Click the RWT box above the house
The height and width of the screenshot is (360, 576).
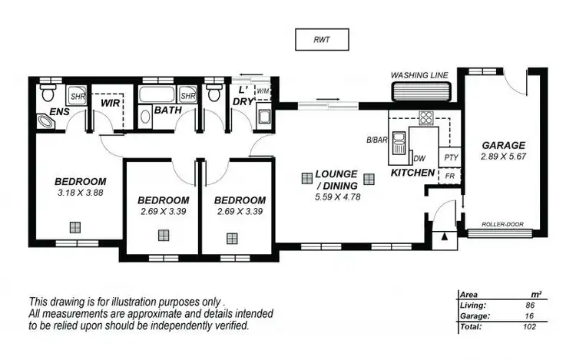(x=322, y=38)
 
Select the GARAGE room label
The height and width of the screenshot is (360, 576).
(x=503, y=144)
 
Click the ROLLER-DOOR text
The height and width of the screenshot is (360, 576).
(x=503, y=224)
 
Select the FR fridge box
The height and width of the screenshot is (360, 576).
(x=450, y=176)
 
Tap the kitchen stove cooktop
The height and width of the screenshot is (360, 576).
(x=425, y=118)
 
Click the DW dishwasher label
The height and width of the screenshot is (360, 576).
(x=419, y=159)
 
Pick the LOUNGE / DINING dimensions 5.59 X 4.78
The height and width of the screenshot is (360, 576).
(x=339, y=197)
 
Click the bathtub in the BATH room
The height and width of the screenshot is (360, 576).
(x=158, y=95)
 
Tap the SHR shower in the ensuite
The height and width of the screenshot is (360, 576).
(x=78, y=97)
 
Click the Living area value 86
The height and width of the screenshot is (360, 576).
(x=529, y=305)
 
